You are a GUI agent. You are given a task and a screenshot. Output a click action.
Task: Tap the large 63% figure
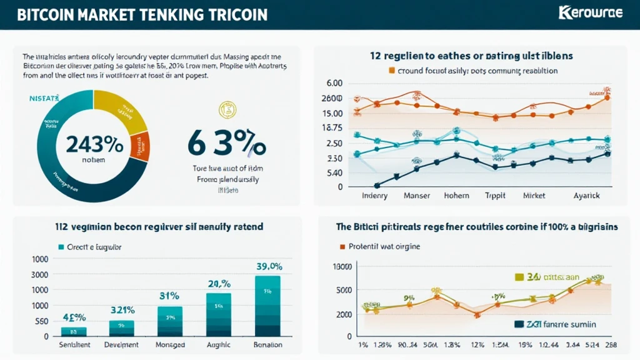(x=226, y=144)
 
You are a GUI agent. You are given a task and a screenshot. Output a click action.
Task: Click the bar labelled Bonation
(x=267, y=306)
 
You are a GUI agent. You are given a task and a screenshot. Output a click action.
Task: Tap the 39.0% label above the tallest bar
(x=267, y=266)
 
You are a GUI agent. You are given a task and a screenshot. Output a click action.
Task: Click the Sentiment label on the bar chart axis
(x=75, y=344)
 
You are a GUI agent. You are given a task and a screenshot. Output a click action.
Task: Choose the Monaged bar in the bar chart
(x=170, y=321)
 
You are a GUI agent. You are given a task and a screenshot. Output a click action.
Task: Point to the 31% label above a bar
(x=169, y=296)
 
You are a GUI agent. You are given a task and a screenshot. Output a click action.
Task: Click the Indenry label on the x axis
(x=375, y=196)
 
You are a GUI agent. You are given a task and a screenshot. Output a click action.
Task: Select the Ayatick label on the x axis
(x=586, y=196)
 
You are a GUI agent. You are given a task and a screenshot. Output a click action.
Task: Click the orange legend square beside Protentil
(x=342, y=246)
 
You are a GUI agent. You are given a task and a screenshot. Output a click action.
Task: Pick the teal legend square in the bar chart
(x=61, y=246)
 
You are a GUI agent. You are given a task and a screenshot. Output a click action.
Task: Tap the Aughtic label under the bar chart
(x=219, y=344)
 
